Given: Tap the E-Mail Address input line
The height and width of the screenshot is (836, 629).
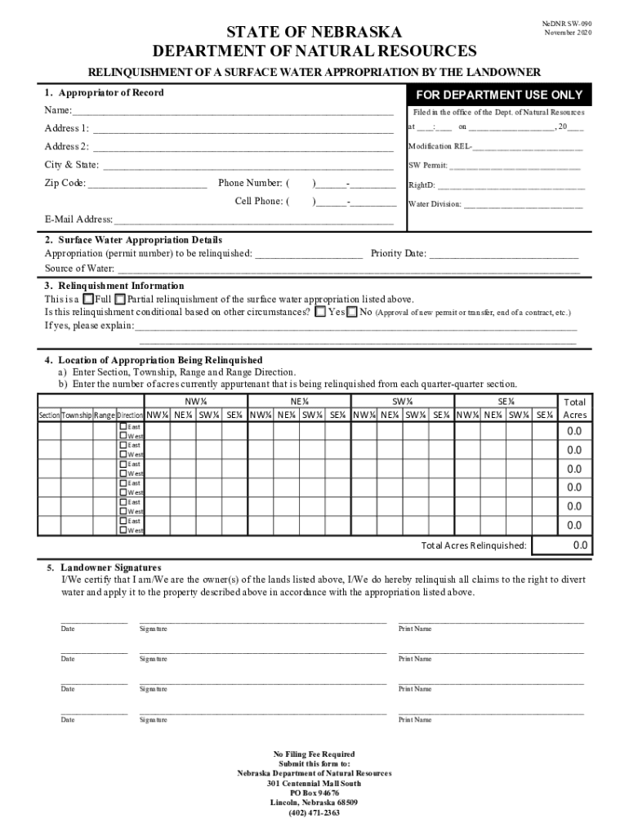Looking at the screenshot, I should coord(253,220).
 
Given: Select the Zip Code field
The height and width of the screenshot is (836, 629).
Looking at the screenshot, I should coord(147,184).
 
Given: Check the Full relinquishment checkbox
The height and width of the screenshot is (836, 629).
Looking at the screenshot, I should coord(89,299).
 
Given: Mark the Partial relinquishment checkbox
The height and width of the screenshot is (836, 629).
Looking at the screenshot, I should coord(120,299).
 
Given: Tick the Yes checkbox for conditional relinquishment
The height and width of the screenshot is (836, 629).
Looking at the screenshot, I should coord(320,312).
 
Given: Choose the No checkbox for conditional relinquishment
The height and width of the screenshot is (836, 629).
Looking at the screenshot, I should coord(352,312).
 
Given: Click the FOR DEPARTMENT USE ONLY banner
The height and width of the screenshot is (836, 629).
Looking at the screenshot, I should coord(499,95).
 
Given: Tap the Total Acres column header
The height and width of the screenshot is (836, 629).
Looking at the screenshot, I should coord(574,408).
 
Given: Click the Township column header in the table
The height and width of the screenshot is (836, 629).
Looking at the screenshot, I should coord(77,416).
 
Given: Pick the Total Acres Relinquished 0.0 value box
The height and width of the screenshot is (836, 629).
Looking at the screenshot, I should coord(574,545).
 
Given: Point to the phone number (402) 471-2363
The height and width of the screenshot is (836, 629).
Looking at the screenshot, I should coord(314,813).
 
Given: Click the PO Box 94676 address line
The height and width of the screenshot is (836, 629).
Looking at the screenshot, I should coord(314,793).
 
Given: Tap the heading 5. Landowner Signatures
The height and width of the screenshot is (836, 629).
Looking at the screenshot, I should coord(104,567).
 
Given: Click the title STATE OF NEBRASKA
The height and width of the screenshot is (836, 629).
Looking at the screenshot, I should coord(314,33).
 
